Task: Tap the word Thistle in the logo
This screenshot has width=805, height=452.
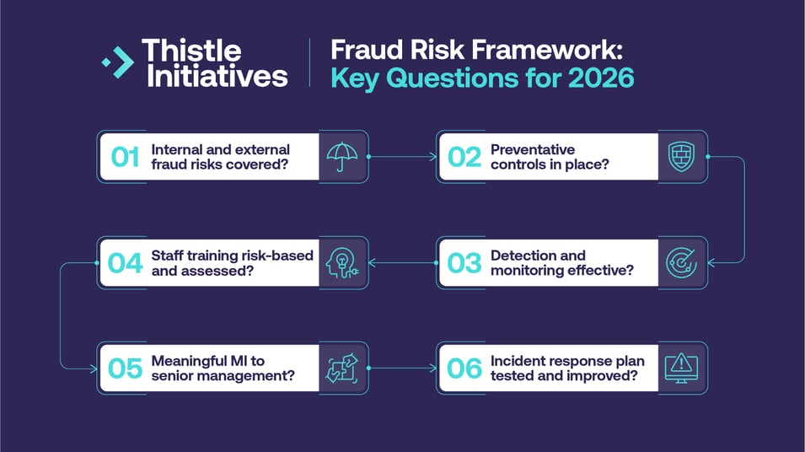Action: point(191,51)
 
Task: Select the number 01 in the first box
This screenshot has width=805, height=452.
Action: point(125,157)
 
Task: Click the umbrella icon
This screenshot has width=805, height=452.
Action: point(342,157)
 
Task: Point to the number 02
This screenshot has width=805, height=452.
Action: point(464,157)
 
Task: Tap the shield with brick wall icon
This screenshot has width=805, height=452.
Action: point(681,157)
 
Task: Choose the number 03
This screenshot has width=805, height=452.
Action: point(464,263)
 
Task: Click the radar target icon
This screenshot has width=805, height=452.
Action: point(681,263)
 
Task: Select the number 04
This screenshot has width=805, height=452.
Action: point(125,263)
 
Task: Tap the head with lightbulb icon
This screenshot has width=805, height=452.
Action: point(342,263)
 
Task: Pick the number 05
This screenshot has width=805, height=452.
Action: point(125,369)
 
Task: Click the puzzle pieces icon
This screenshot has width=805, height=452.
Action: point(342,369)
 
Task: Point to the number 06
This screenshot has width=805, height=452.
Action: point(464,369)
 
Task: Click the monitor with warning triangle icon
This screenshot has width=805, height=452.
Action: point(681,369)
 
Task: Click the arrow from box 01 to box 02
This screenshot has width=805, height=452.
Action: point(402,157)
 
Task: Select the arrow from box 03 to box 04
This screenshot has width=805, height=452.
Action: point(402,263)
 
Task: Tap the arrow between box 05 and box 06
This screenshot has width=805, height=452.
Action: point(402,369)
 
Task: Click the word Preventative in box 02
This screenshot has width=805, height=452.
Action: point(534,149)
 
